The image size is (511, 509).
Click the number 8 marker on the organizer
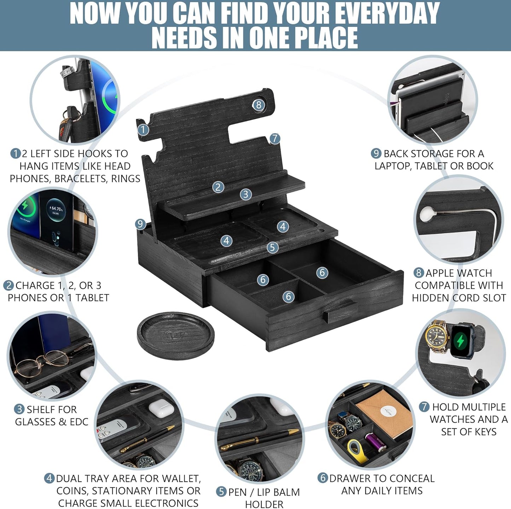pyautogui.click(x=259, y=105)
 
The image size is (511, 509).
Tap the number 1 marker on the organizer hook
pyautogui.click(x=143, y=130)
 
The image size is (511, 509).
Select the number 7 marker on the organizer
pyautogui.click(x=275, y=139)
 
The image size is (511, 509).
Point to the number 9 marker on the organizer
pyautogui.click(x=140, y=224)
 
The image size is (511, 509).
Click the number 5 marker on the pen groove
pyautogui.click(x=272, y=247)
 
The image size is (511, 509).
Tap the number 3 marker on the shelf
pyautogui.click(x=246, y=194)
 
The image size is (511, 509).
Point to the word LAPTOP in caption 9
pyautogui.click(x=392, y=166)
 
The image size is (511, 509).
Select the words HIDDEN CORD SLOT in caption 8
pyautogui.click(x=459, y=298)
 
